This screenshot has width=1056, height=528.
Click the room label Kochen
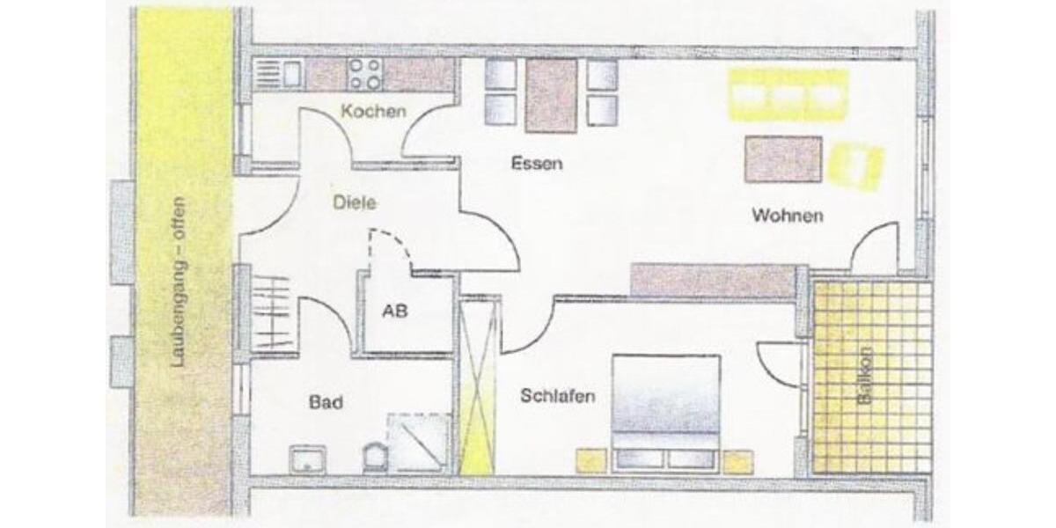coord(374,112)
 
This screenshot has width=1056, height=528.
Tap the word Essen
coord(536,164)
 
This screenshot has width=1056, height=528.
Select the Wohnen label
coord(787,216)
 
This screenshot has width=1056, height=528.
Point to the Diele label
coord(356,202)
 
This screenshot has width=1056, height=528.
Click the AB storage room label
coord(394,311)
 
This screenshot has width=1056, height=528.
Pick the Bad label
coord(326,402)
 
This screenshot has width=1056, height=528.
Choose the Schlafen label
coord(557,396)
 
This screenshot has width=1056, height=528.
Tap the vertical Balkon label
coord(866,375)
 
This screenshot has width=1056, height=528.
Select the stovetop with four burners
coord(364,74)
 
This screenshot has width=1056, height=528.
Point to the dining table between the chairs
coord(551,94)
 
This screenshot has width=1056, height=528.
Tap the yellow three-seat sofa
coord(788,94)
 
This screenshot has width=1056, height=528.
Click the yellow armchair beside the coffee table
coord(856,166)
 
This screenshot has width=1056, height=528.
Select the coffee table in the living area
coord(782,159)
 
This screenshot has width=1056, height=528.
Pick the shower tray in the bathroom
coord(421,444)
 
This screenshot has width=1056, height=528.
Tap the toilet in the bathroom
coord(374,456)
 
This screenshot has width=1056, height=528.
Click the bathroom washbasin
coord(308,458)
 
